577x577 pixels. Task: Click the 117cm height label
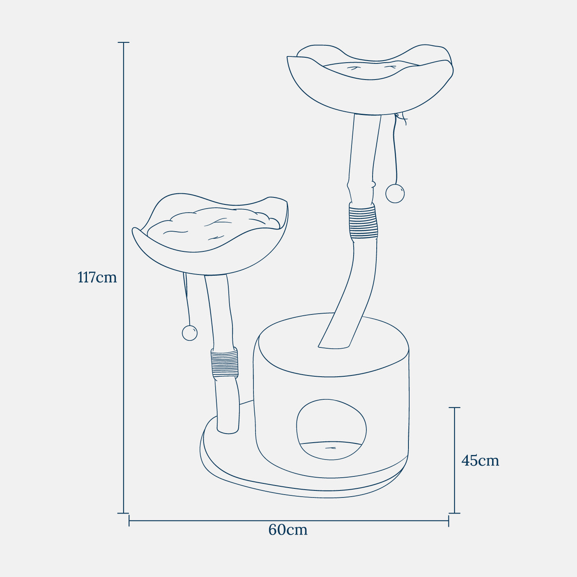pyautogui.click(x=97, y=277)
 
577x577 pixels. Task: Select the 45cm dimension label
pyautogui.click(x=480, y=461)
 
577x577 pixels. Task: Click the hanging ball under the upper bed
pyautogui.click(x=395, y=193)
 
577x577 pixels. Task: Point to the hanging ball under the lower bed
pyautogui.click(x=190, y=333)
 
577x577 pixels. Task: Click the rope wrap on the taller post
pyautogui.click(x=363, y=221)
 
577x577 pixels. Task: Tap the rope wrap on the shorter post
pyautogui.click(x=224, y=363)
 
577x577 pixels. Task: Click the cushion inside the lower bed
pyautogui.click(x=213, y=225)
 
